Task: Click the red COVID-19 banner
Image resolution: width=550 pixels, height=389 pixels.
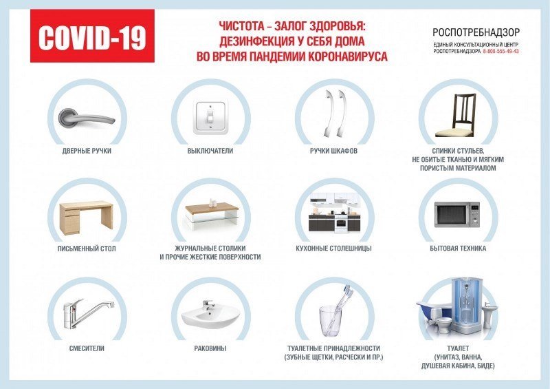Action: (x=92, y=36)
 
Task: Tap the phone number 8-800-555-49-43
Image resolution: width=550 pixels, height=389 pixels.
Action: (x=500, y=52)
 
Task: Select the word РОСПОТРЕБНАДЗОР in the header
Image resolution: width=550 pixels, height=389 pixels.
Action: (x=476, y=32)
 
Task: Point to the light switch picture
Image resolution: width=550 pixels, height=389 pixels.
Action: (x=210, y=117)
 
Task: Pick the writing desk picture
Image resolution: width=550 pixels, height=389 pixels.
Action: (x=87, y=218)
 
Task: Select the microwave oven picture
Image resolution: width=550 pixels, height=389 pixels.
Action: (x=457, y=214)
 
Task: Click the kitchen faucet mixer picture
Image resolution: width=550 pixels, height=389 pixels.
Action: (x=88, y=313)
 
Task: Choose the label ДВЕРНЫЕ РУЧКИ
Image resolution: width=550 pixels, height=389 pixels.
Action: (x=87, y=151)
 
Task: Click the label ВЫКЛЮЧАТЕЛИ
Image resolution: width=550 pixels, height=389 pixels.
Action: (x=210, y=151)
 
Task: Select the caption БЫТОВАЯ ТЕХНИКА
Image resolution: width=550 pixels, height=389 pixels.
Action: (x=458, y=249)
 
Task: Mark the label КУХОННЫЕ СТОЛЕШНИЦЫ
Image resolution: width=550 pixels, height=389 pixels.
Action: (x=333, y=249)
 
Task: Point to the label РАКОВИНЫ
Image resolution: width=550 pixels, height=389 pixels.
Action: (x=210, y=348)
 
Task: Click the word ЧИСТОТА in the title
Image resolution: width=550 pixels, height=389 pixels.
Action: (x=242, y=26)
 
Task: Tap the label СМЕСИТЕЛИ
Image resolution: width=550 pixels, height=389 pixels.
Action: (x=87, y=348)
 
